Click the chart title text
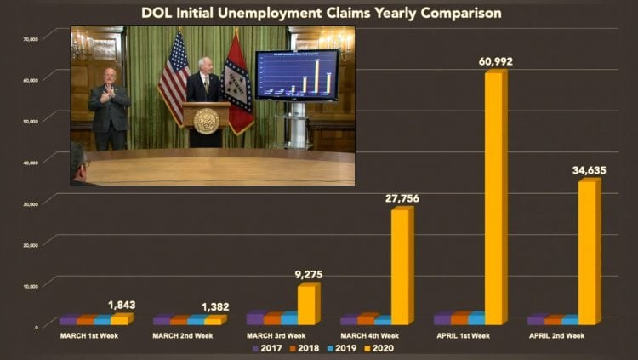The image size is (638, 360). click(320, 13)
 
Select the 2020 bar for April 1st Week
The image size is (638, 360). click(495, 196)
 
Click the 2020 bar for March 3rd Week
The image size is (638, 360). click(307, 304)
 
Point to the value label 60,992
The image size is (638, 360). click(496, 61)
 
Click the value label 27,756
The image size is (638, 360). click(402, 198)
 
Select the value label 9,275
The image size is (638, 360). click(308, 274)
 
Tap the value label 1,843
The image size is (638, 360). click(122, 305)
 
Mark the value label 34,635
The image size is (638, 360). click(589, 170)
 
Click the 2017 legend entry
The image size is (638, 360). click(268, 347)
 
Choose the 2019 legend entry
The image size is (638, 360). click(340, 347)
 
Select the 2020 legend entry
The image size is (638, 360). click(377, 347)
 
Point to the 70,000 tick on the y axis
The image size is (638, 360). click(31, 39)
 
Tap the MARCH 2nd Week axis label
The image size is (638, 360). click(182, 335)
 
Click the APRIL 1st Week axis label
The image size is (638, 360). click(464, 335)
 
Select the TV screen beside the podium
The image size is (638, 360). click(296, 75)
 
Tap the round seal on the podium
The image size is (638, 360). click(206, 121)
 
